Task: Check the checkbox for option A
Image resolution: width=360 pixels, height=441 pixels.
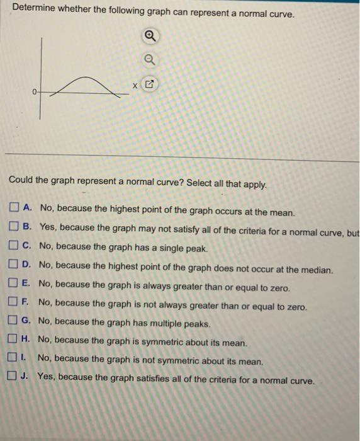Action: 15,208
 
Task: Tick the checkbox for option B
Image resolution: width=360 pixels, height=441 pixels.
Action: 15,227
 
